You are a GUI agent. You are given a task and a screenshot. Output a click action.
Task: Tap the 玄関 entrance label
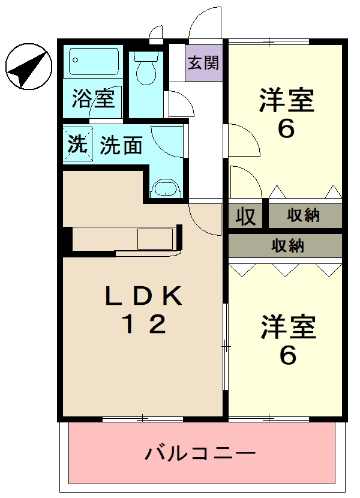coord(204,62)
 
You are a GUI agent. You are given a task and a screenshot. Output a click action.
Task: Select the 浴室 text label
coord(93,98)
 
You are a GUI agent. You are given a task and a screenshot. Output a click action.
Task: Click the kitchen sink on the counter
coord(155,239)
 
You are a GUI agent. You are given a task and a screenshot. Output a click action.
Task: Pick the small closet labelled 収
coord(245,216)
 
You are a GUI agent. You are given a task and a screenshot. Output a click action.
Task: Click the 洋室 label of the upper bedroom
coord(286,100)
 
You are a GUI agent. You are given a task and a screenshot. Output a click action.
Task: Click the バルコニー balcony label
coord(201,453)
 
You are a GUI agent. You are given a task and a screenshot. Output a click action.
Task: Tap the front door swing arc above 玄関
coord(204,24)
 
